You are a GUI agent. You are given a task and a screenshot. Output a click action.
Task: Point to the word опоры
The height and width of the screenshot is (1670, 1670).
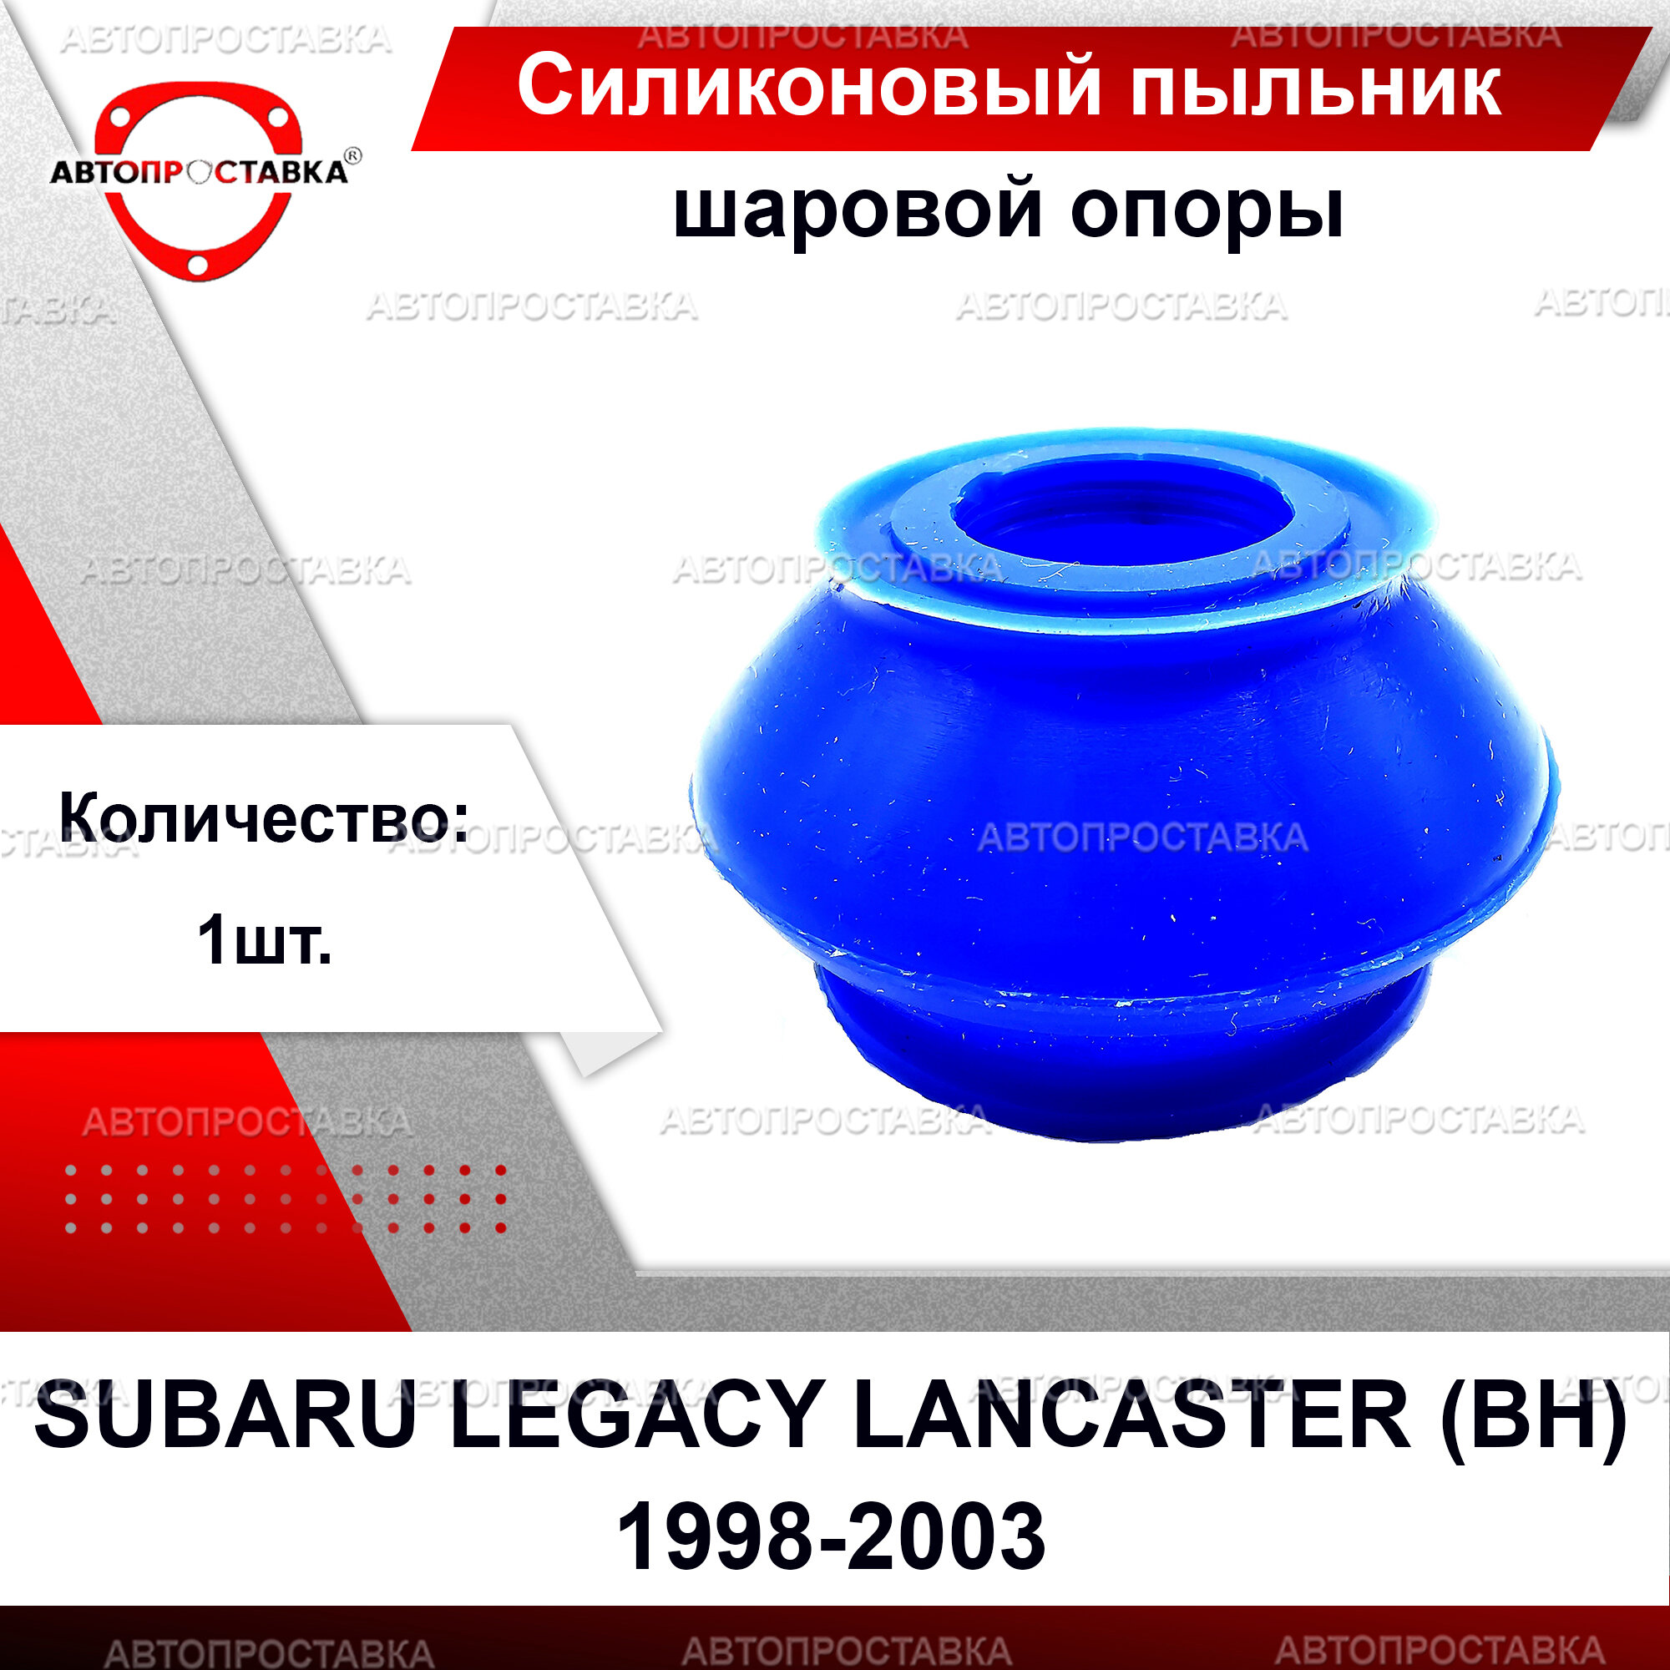(x=1207, y=212)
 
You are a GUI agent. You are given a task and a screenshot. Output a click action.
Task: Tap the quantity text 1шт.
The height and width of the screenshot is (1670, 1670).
(x=264, y=941)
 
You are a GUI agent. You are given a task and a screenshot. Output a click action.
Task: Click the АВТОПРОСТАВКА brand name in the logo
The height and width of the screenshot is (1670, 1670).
(x=199, y=172)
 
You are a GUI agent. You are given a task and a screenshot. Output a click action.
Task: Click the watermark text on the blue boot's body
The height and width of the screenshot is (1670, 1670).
(x=1143, y=838)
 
